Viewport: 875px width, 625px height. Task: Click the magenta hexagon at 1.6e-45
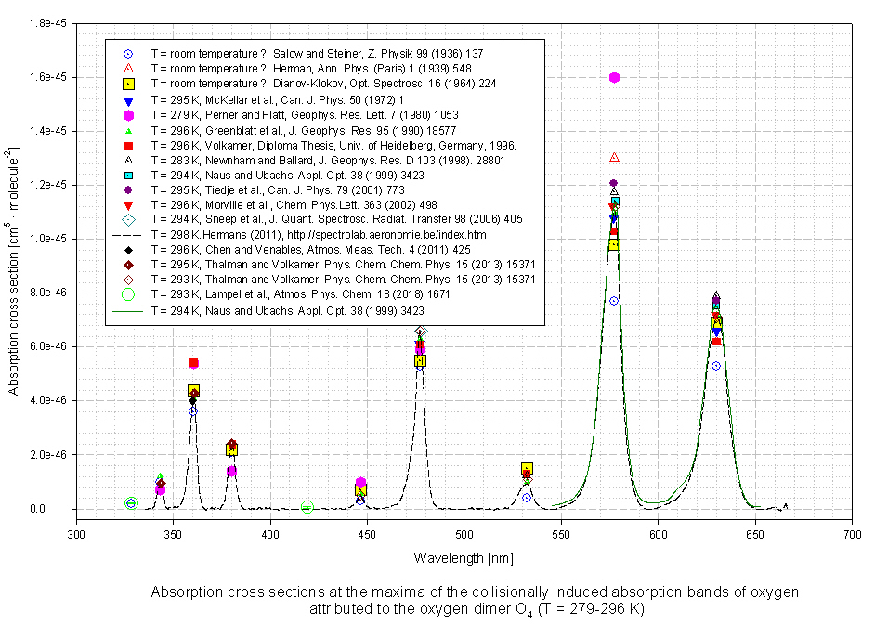coord(614,77)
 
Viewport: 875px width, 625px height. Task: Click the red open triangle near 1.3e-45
coord(614,157)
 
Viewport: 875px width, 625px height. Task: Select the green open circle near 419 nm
coord(307,507)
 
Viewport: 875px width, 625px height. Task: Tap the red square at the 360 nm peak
coord(193,363)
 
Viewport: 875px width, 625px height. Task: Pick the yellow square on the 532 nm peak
coord(527,469)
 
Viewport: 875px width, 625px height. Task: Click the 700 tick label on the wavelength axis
coord(852,537)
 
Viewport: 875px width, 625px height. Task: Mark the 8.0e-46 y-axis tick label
coord(45,293)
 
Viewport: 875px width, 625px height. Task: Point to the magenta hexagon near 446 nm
coord(360,483)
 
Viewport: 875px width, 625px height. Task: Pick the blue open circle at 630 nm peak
coord(716,366)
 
